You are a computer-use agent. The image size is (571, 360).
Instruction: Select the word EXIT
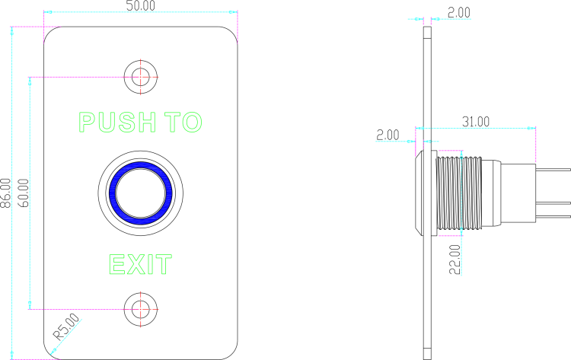tap(140, 265)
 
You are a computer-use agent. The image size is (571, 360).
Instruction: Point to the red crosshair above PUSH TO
tap(141, 77)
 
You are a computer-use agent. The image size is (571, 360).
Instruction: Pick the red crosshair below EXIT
tap(141, 310)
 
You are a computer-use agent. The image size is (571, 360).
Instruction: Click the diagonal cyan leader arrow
tap(65, 336)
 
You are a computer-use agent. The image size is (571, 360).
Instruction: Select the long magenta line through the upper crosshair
tap(76, 77)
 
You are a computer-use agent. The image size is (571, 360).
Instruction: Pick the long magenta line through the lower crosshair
tap(76, 310)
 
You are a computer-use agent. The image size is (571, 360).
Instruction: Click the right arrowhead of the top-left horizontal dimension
tap(233, 12)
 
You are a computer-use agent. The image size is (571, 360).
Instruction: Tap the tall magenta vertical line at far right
tap(536, 145)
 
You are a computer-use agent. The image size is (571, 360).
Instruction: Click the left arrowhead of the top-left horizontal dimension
tap(48, 12)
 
